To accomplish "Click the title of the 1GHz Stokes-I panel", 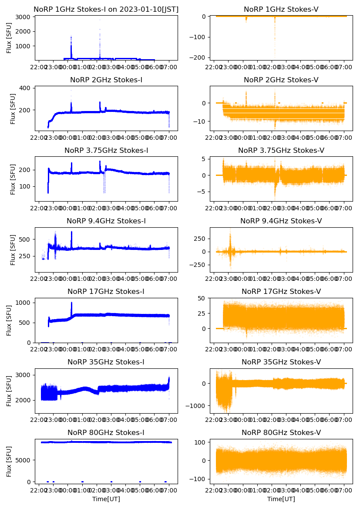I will click(106, 9).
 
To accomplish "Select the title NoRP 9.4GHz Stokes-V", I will click(281, 221).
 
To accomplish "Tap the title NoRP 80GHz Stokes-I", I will click(106, 433).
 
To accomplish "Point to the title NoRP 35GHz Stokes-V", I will click(281, 362).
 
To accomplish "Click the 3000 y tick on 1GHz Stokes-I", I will click(24, 17).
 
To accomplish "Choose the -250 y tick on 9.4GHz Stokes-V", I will click(200, 265).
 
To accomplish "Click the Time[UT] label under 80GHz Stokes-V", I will click(281, 499).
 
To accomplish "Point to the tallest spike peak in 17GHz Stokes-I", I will click(71, 303).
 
